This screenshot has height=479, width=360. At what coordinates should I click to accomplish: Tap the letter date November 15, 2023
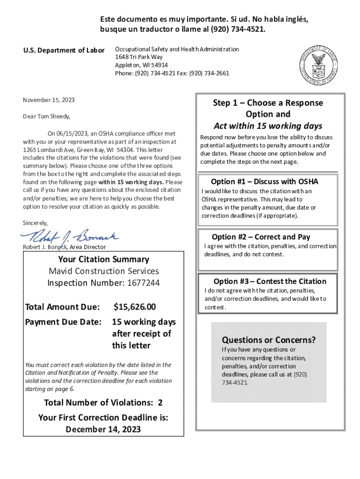pyautogui.click(x=49, y=100)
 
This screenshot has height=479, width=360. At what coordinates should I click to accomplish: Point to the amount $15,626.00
pyautogui.click(x=135, y=307)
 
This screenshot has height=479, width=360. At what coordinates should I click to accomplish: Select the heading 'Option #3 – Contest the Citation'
pyautogui.click(x=270, y=281)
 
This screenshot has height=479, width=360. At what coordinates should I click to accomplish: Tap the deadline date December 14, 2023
pyautogui.click(x=103, y=429)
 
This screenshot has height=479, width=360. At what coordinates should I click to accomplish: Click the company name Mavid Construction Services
pyautogui.click(x=104, y=271)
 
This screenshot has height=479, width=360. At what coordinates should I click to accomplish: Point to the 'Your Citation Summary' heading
pyautogui.click(x=104, y=259)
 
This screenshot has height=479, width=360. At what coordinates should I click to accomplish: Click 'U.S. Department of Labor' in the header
pyautogui.click(x=64, y=51)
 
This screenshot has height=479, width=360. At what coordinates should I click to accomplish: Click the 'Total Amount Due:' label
pyautogui.click(x=63, y=307)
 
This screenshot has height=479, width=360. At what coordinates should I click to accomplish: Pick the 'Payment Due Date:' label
pyautogui.click(x=64, y=322)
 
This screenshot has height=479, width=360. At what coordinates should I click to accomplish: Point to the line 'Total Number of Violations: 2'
pyautogui.click(x=103, y=403)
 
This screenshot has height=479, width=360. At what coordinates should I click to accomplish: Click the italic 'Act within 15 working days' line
pyautogui.click(x=268, y=126)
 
